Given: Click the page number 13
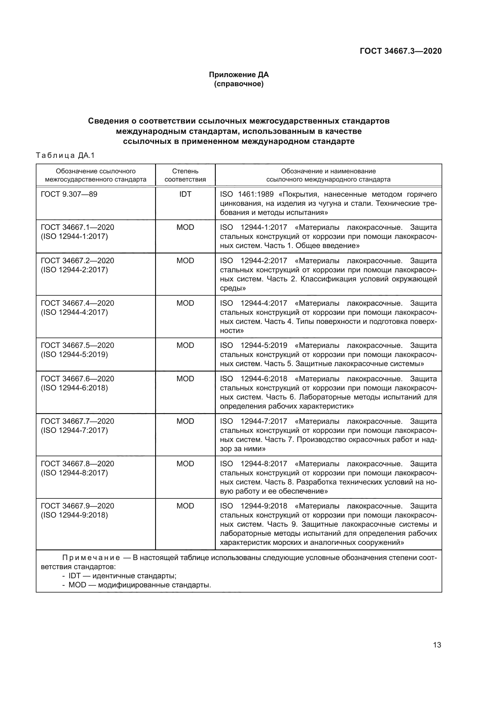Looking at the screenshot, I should pyautogui.click(x=437, y=645).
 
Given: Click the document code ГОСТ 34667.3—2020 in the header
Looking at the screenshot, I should pyautogui.click(x=401, y=51).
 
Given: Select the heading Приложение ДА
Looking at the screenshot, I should pyautogui.click(x=239, y=75).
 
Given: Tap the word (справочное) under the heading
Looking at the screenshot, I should pyautogui.click(x=239, y=84).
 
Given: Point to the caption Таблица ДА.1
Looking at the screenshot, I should pyautogui.click(x=65, y=155).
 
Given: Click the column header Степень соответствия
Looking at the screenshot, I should pyautogui.click(x=185, y=175).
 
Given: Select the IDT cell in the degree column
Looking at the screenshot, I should pyautogui.click(x=185, y=194).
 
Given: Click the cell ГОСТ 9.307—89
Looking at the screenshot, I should pyautogui.click(x=69, y=194).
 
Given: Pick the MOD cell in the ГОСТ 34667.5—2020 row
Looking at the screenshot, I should pyautogui.click(x=185, y=345).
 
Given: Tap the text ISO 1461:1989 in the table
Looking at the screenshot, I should pyautogui.click(x=246, y=194).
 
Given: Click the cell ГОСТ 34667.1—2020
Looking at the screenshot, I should pyautogui.click(x=77, y=227).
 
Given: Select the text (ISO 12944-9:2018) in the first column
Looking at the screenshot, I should pyautogui.click(x=74, y=515).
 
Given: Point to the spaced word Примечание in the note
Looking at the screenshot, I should pyautogui.click(x=91, y=558).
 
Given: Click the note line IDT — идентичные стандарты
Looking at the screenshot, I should pyautogui.click(x=122, y=576).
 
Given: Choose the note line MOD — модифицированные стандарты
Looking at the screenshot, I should pyautogui.click(x=139, y=585).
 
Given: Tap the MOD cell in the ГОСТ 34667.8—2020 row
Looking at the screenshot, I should pyautogui.click(x=185, y=464).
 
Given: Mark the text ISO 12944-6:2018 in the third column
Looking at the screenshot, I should pyautogui.click(x=253, y=379).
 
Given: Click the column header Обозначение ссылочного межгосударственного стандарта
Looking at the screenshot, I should pyautogui.click(x=96, y=175).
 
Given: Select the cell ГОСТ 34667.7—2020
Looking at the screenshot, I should pyautogui.click(x=77, y=421).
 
